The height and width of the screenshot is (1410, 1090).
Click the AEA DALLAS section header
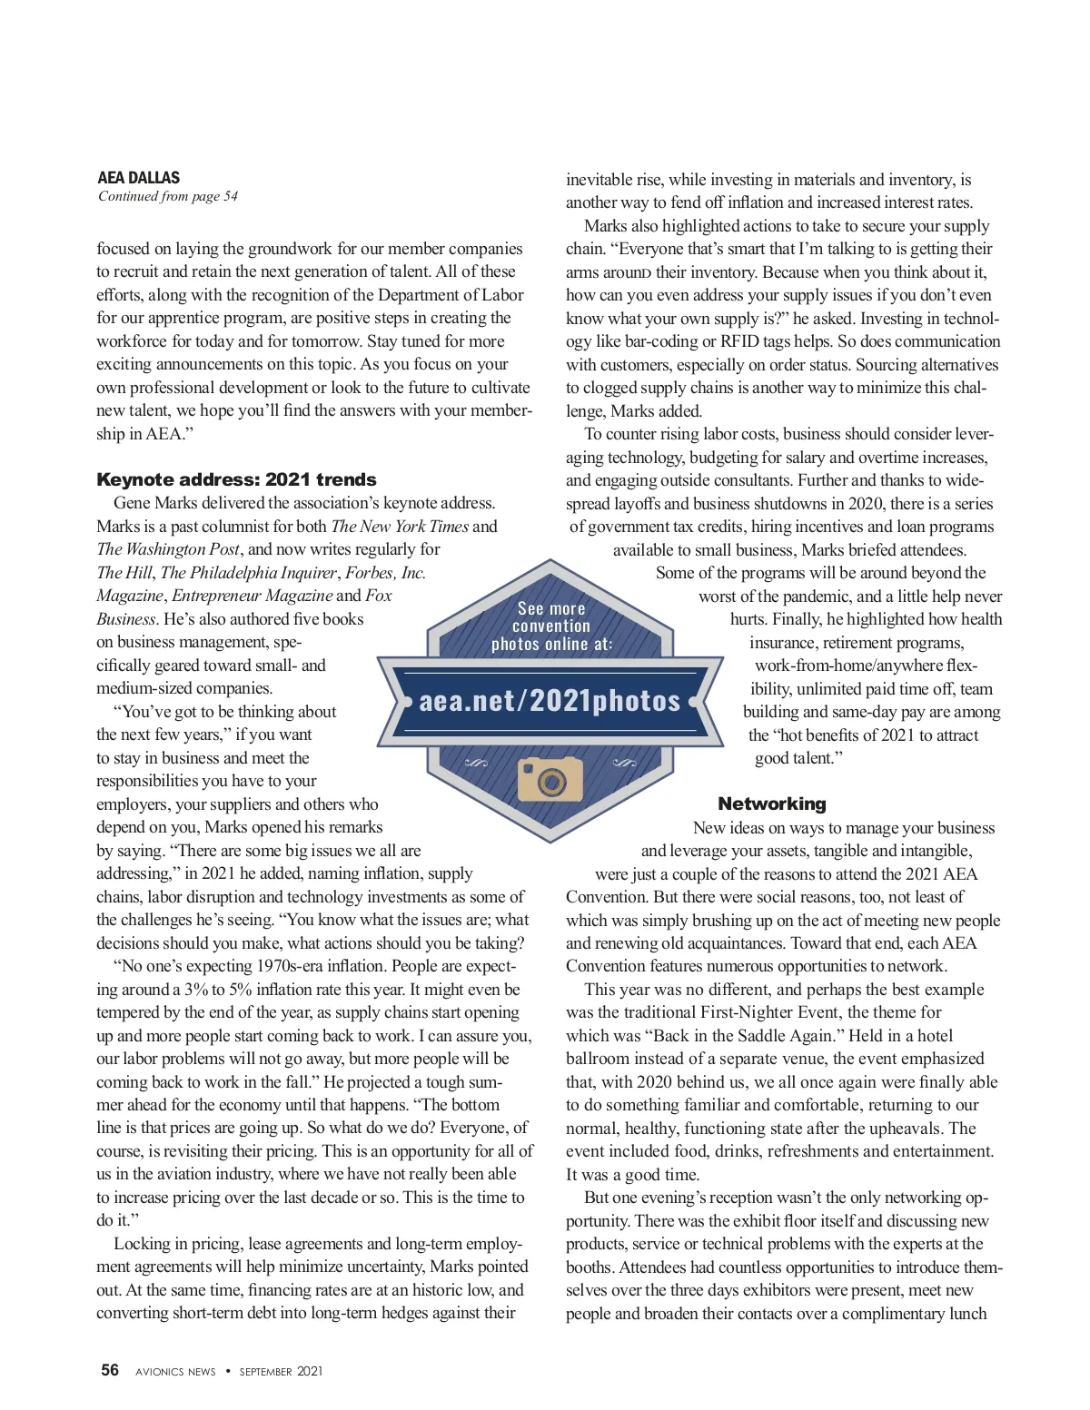pos(138,177)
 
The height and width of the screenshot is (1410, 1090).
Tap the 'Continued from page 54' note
pos(168,196)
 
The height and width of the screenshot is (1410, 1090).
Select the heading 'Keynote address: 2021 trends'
pos(236,479)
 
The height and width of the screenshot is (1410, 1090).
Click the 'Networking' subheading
pos(772,804)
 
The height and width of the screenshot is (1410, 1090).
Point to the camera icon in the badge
pos(550,778)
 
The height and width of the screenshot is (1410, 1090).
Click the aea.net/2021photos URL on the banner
pos(550,701)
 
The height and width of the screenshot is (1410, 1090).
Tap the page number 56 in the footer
pos(110,1370)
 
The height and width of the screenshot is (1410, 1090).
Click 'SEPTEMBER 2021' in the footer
pos(281,1371)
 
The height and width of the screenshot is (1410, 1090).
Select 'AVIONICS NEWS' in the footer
pos(175,1371)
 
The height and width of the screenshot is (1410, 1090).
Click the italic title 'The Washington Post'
pos(168,549)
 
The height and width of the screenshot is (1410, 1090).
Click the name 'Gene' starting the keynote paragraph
pos(132,503)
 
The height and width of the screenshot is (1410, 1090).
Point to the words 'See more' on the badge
pos(551,608)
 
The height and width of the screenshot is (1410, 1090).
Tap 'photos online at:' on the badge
pos(551,644)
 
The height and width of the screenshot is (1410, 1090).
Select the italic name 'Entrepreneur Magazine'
pos(252,596)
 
